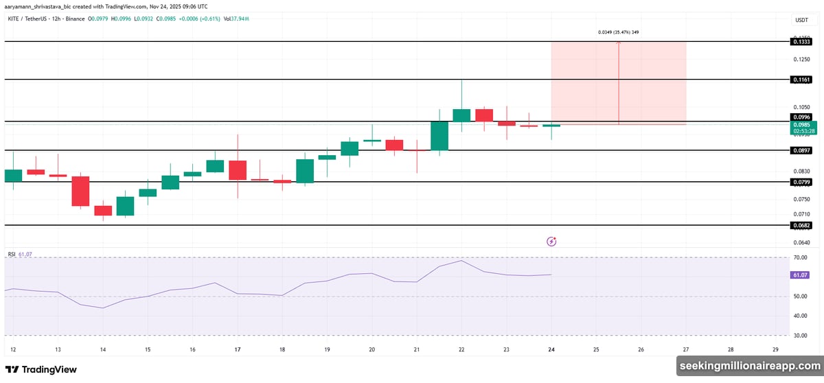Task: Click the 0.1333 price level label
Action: pyautogui.click(x=801, y=42)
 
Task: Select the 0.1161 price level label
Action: pyautogui.click(x=801, y=80)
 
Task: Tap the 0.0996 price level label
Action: pyautogui.click(x=801, y=116)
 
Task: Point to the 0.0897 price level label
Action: pyautogui.click(x=801, y=150)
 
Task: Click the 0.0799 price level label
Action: pyautogui.click(x=801, y=182)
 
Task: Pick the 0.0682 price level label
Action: pyautogui.click(x=801, y=225)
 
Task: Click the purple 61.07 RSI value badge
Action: pyautogui.click(x=800, y=275)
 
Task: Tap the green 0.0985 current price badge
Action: pyautogui.click(x=801, y=125)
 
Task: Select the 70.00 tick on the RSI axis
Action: pyautogui.click(x=799, y=257)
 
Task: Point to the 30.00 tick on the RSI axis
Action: pyautogui.click(x=799, y=336)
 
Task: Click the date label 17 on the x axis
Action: pyautogui.click(x=237, y=349)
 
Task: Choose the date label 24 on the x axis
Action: pyautogui.click(x=551, y=349)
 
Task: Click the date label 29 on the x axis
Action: pyautogui.click(x=775, y=349)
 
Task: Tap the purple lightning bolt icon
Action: pyautogui.click(x=551, y=241)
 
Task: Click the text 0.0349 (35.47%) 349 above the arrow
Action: pyautogui.click(x=619, y=32)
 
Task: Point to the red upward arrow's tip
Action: pyautogui.click(x=619, y=43)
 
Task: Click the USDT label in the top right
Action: pyautogui.click(x=801, y=21)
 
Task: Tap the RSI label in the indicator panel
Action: pyautogui.click(x=12, y=254)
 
